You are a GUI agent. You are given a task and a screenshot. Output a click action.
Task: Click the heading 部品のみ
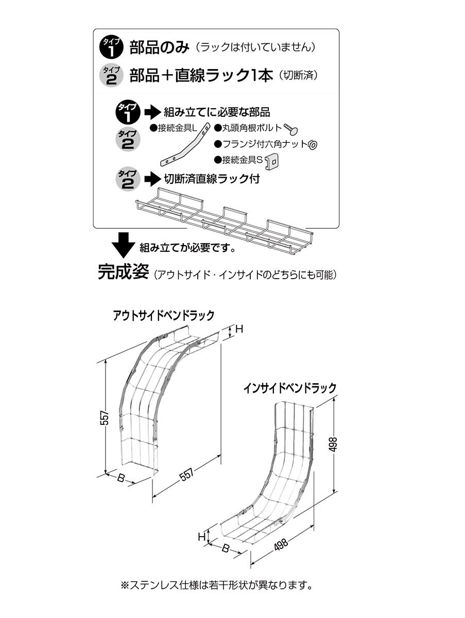click(x=159, y=48)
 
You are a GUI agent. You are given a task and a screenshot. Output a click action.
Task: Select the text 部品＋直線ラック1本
click(x=201, y=76)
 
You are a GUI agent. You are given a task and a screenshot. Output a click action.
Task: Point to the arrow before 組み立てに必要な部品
click(x=152, y=111)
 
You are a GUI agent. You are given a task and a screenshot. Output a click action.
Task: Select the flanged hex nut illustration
click(x=313, y=145)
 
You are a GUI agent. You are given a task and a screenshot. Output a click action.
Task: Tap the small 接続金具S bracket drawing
click(x=271, y=163)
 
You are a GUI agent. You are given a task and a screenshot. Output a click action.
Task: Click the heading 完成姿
click(x=123, y=272)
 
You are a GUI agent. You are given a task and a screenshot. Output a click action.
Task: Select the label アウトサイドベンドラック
click(x=163, y=315)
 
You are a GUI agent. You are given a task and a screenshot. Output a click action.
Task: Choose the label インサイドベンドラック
click(x=290, y=388)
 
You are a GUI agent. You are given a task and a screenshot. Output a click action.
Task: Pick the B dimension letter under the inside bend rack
click(x=225, y=548)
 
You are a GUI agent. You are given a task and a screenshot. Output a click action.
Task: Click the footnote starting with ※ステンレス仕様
click(x=216, y=585)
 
